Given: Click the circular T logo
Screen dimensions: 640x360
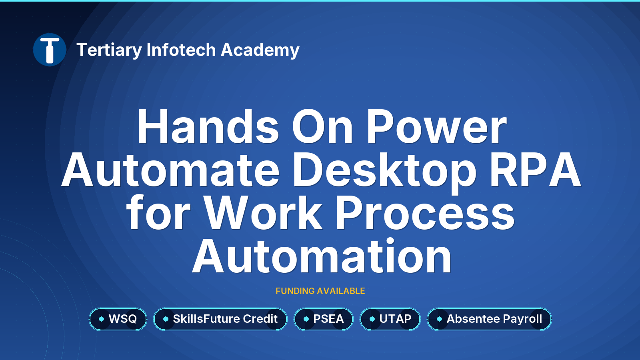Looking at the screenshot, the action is [50, 50].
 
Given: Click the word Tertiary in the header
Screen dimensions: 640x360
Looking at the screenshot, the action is [109, 50].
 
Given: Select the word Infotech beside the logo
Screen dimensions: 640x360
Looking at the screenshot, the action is [181, 50].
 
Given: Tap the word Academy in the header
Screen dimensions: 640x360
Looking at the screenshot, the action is [260, 50].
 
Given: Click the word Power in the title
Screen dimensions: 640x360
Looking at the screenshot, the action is [436, 127].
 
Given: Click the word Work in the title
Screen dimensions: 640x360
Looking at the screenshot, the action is [264, 213].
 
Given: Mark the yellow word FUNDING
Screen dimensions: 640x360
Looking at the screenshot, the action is [295, 291].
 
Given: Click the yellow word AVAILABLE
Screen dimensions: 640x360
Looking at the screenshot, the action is [341, 291].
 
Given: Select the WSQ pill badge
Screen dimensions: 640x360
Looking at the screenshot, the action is [118, 319].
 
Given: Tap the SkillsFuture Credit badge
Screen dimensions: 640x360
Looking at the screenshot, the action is [220, 319].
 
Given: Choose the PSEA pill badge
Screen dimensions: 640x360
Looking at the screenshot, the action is [324, 319].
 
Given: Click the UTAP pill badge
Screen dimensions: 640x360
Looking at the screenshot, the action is [390, 319].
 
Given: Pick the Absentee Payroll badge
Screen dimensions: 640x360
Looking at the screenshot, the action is [490, 319].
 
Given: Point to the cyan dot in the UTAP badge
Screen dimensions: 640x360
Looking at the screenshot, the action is [372, 319].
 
